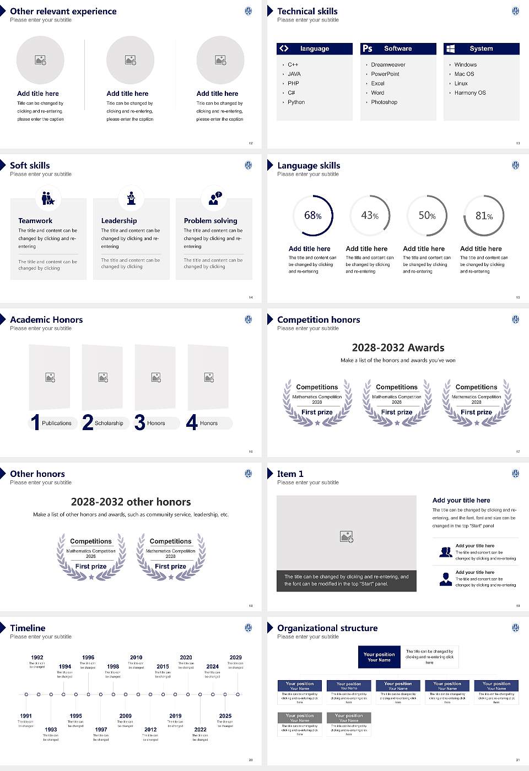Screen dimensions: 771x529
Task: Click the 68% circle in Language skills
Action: point(313,215)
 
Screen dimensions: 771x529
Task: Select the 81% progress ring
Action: point(483,216)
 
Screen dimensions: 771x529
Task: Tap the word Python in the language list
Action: point(296,102)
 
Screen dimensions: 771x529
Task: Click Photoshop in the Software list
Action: point(384,102)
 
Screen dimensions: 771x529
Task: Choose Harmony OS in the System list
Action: point(470,93)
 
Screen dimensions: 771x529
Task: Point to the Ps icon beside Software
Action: point(368,48)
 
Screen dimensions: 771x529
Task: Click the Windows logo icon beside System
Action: point(450,48)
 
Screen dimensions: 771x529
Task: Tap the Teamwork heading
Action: point(35,221)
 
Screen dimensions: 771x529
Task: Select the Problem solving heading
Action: point(210,221)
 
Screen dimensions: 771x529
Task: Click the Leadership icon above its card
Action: point(131,198)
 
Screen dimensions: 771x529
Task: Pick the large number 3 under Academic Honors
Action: point(140,422)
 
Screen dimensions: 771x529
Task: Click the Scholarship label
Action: point(109,423)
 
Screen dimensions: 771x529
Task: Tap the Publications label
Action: point(57,423)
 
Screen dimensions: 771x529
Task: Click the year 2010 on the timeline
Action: point(136,658)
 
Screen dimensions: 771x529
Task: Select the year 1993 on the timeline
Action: point(51,730)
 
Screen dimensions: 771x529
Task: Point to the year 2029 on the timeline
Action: point(235,658)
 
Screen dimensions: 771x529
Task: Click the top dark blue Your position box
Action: point(379,657)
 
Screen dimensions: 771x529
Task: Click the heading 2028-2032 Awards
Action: point(398,348)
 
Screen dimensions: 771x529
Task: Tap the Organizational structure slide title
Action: point(327,628)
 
